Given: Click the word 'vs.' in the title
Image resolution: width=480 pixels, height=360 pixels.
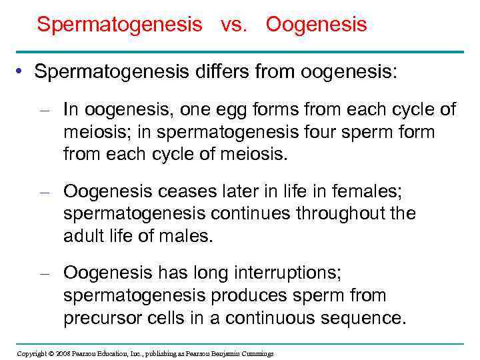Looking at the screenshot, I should [x=233, y=25].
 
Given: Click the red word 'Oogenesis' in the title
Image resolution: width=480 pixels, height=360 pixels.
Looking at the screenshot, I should [x=316, y=25].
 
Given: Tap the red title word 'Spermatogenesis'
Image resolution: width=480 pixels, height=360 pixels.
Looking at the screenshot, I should [x=119, y=25].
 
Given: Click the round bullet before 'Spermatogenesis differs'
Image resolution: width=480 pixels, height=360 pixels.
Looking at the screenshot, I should [x=22, y=72].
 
